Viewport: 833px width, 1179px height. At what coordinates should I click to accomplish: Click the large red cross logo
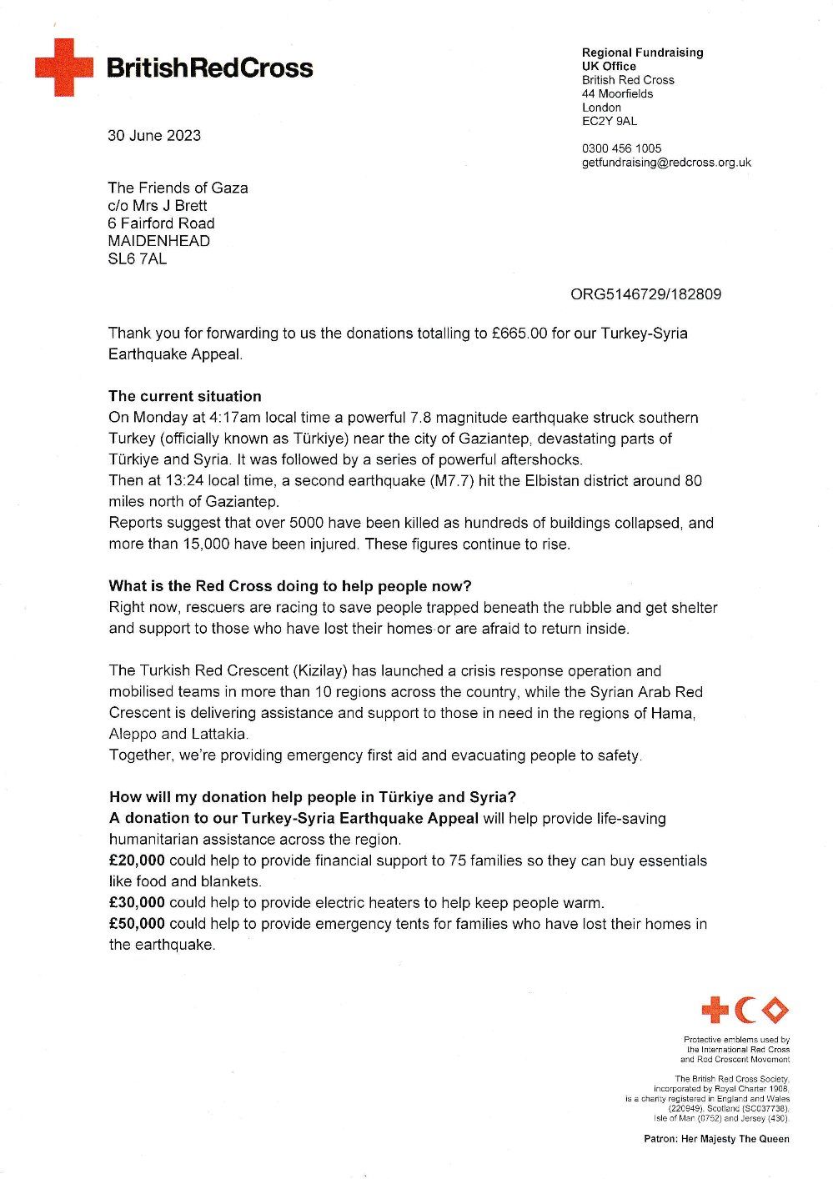tap(63, 67)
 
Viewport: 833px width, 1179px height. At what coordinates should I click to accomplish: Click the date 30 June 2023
tap(154, 136)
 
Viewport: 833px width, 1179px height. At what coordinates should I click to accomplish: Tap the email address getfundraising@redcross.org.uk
tap(666, 163)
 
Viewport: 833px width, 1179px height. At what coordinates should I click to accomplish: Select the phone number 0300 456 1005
tap(621, 148)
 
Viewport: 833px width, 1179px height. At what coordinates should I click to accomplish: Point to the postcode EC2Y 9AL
tap(610, 121)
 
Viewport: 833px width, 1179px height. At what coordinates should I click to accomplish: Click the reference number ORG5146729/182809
tap(645, 294)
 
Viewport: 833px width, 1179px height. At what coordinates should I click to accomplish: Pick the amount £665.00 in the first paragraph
tap(519, 334)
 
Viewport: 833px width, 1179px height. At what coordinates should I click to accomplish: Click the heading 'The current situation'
tap(185, 396)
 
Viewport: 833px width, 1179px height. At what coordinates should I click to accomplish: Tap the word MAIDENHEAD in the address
tap(159, 241)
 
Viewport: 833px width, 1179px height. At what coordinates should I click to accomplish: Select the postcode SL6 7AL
tap(138, 258)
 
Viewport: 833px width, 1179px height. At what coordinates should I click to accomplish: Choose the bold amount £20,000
tap(137, 860)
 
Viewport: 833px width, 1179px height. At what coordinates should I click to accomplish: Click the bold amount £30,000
tap(137, 903)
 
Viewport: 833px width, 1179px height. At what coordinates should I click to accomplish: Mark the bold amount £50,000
tap(137, 924)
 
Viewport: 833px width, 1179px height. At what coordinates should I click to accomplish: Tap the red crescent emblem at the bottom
tap(745, 1010)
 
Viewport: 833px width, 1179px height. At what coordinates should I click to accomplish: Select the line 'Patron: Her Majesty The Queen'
tap(716, 1138)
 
